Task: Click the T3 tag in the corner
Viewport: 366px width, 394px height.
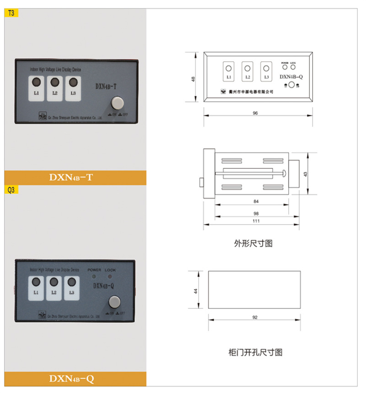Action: pyautogui.click(x=11, y=13)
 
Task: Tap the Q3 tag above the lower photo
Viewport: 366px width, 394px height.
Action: pyautogui.click(x=11, y=189)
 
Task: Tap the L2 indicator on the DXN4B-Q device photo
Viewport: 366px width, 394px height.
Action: pyautogui.click(x=54, y=287)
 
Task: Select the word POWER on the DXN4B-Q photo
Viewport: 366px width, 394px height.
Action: pyautogui.click(x=94, y=270)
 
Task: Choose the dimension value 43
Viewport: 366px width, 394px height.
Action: pyautogui.click(x=306, y=174)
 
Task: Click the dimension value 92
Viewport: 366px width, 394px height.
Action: pyautogui.click(x=255, y=317)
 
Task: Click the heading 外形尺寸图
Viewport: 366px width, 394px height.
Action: pyautogui.click(x=253, y=243)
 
